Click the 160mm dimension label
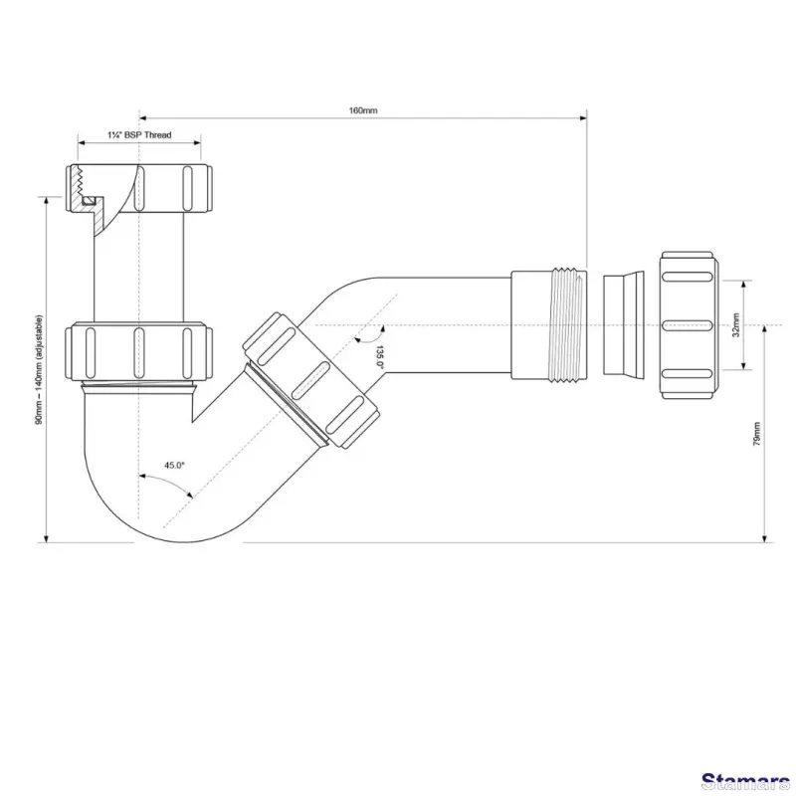[363, 110]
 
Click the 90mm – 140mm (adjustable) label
[38, 368]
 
